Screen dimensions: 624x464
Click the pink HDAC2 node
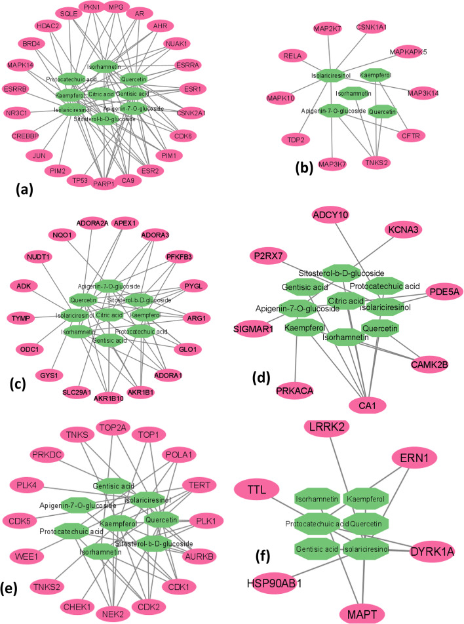pyautogui.click(x=48, y=26)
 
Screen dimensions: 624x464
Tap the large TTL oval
pyautogui.click(x=256, y=489)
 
